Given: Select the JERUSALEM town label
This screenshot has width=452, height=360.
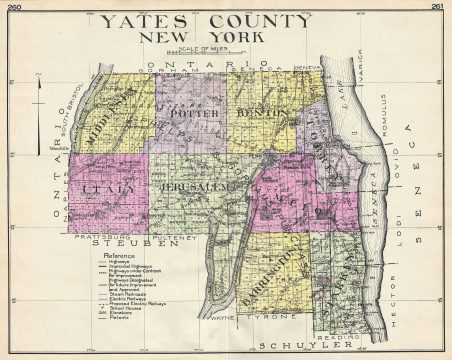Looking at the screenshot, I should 194,186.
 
